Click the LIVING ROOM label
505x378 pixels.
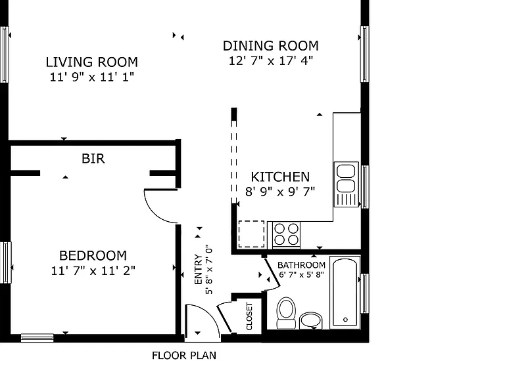pyautogui.click(x=92, y=62)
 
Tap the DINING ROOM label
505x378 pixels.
pyautogui.click(x=271, y=46)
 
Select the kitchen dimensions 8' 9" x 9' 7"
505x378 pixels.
pyautogui.click(x=280, y=192)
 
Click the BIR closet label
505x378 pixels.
pyautogui.click(x=93, y=158)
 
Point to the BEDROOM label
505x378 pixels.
pyautogui.click(x=93, y=255)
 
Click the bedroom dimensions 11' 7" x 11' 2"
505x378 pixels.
pyautogui.click(x=93, y=270)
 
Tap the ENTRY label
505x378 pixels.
pyautogui.click(x=198, y=269)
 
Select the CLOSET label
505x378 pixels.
pyautogui.click(x=249, y=316)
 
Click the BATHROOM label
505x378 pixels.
pyautogui.click(x=301, y=265)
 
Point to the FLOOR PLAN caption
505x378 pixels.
pyautogui.click(x=184, y=356)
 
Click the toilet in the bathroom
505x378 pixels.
pyautogui.click(x=286, y=313)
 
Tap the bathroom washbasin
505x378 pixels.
pyautogui.click(x=311, y=320)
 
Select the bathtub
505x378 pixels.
pyautogui.click(x=345, y=292)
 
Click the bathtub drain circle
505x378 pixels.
pyautogui.click(x=346, y=320)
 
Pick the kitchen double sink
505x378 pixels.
pyautogui.click(x=347, y=184)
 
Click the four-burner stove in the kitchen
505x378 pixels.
pyautogui.click(x=286, y=235)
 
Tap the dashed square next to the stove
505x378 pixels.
pyautogui.click(x=251, y=234)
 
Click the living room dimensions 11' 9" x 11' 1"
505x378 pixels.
pyautogui.click(x=92, y=77)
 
